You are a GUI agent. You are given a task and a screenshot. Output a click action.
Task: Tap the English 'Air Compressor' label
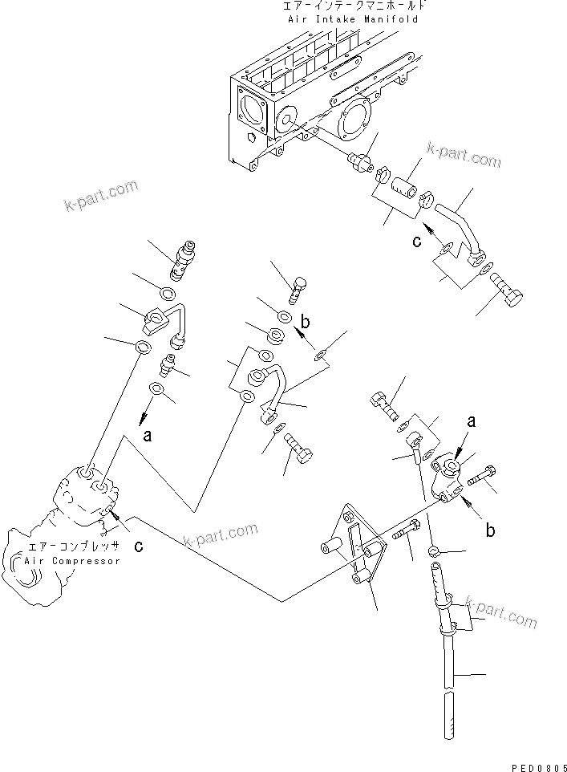(72, 561)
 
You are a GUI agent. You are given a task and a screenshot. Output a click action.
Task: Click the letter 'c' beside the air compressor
(139, 546)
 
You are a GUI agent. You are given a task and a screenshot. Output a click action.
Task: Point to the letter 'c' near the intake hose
(417, 241)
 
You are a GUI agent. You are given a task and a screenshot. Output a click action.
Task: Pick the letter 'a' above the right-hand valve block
(471, 419)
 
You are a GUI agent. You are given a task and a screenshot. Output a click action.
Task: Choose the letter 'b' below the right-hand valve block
(488, 530)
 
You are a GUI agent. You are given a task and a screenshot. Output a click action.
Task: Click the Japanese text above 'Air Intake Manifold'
(350, 6)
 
